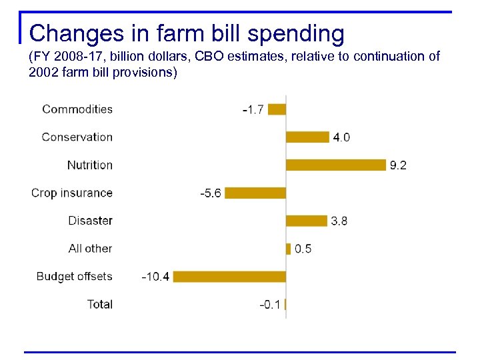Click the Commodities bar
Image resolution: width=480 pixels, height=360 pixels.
coord(277,109)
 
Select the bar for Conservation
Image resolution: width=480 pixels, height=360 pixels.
coord(307,137)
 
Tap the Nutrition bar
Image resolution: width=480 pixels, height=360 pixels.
coord(336,165)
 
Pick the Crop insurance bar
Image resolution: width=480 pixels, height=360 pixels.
coord(255,193)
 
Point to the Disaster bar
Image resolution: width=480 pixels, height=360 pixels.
coord(307,221)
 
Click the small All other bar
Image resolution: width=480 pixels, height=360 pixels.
coord(289,249)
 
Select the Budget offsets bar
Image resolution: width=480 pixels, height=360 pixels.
coord(229,277)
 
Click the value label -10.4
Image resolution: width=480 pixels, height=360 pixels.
coord(155,277)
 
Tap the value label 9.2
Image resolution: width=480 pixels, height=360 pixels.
coord(398,165)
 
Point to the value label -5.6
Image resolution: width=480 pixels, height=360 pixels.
coord(211,193)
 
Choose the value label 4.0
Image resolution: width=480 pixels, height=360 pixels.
coord(341,137)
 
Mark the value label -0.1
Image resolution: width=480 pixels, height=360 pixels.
coord(270,305)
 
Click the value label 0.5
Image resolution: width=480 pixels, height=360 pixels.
coord(303,249)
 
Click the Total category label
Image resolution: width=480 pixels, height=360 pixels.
coord(100,304)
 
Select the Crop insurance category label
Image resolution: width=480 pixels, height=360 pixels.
coord(72,193)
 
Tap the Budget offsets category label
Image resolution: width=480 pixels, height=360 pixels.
coord(75,276)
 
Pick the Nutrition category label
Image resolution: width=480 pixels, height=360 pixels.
coord(90,165)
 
